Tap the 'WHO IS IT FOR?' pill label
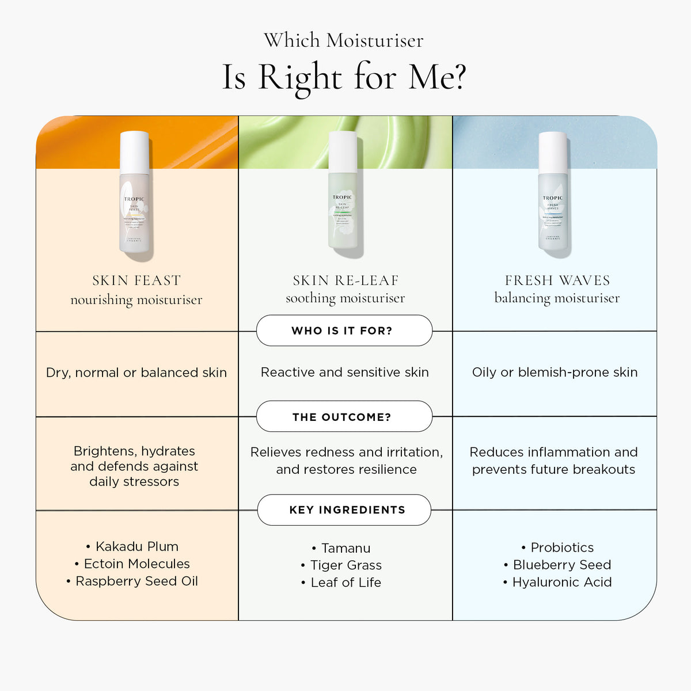[x=342, y=331]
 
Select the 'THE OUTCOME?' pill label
[x=342, y=417]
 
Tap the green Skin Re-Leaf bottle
[x=343, y=213]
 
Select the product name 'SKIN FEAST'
[x=136, y=280]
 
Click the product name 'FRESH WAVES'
[x=557, y=280]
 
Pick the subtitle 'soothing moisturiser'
[x=345, y=298]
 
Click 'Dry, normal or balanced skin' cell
[x=136, y=373]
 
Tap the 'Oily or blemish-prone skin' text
[x=555, y=373]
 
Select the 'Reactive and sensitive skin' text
[x=345, y=373]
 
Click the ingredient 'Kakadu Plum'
[x=137, y=546]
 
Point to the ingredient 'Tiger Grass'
[x=346, y=565]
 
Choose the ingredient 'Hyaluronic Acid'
[x=562, y=582]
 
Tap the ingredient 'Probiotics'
[x=562, y=548]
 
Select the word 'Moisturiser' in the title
[x=375, y=41]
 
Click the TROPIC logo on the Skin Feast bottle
[x=134, y=199]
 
